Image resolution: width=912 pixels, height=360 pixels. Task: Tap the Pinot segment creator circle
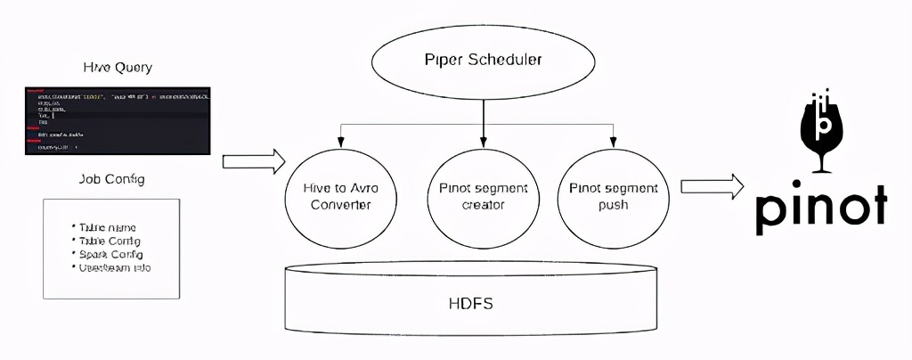pos(483,196)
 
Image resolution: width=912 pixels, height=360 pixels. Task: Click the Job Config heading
pos(112,179)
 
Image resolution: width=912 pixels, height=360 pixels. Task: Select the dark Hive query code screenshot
pos(118,121)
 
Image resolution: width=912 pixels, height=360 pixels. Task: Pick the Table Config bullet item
pos(109,241)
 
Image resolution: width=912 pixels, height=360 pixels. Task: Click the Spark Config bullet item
pos(109,254)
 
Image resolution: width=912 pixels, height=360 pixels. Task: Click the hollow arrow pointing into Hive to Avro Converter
pos(253,161)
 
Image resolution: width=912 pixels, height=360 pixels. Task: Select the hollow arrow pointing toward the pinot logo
pos(712,186)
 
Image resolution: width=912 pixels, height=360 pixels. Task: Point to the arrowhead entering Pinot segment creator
pos(483,141)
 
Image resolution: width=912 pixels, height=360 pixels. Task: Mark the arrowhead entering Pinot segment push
pos(613,143)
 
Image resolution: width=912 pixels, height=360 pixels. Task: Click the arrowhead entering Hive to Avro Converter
pos(338,143)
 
